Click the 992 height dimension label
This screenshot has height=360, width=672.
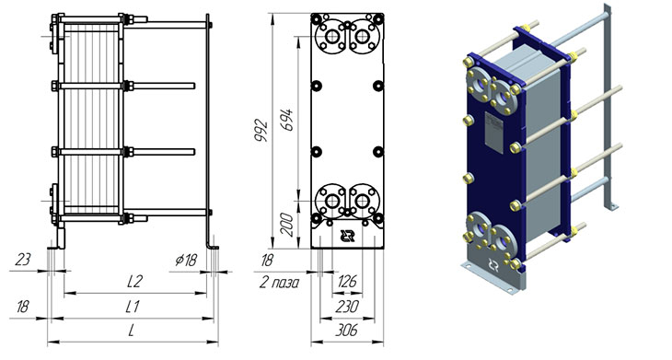coord(261,131)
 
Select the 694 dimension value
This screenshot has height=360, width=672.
coord(286,120)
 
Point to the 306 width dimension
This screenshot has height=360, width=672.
coord(347,331)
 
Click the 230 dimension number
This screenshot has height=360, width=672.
coord(347,307)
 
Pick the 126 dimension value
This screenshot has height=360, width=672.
coord(347,282)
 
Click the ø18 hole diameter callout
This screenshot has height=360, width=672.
coord(186,260)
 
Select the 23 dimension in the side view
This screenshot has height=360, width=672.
coord(23,260)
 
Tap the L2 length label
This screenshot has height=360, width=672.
coord(134,282)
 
